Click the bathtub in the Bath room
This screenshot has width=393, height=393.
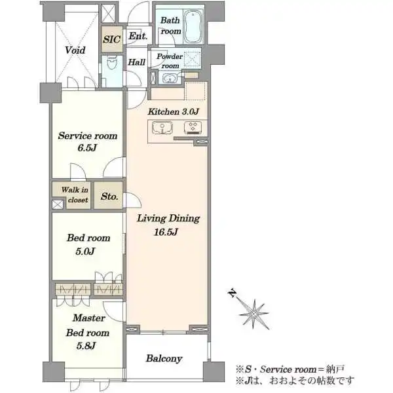pos(193,27)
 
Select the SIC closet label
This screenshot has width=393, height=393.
pos(112,39)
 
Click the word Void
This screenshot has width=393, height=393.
pos(75,50)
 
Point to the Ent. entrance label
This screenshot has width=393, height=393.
pos(138,36)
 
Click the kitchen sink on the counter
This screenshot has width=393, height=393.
pos(162,128)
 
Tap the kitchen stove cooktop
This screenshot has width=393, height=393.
pos(193,126)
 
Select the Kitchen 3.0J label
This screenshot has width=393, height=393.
pos(174,111)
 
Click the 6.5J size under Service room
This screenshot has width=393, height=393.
pos(87,148)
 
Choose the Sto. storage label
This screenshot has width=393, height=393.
pos(109,196)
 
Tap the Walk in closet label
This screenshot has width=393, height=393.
pos(75,195)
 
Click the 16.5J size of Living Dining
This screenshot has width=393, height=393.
pos(166,233)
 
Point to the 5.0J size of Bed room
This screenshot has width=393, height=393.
pos(85,251)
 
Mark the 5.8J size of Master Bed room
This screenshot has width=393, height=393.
pos(86,346)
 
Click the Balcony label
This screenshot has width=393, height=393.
pos(164,359)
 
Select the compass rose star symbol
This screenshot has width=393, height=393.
pos(253,314)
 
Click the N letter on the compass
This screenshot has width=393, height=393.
pos(233,293)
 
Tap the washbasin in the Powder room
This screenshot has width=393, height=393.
pos(170,78)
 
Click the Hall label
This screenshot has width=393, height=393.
pos(137,62)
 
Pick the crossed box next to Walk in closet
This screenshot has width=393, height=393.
pos(58,204)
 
